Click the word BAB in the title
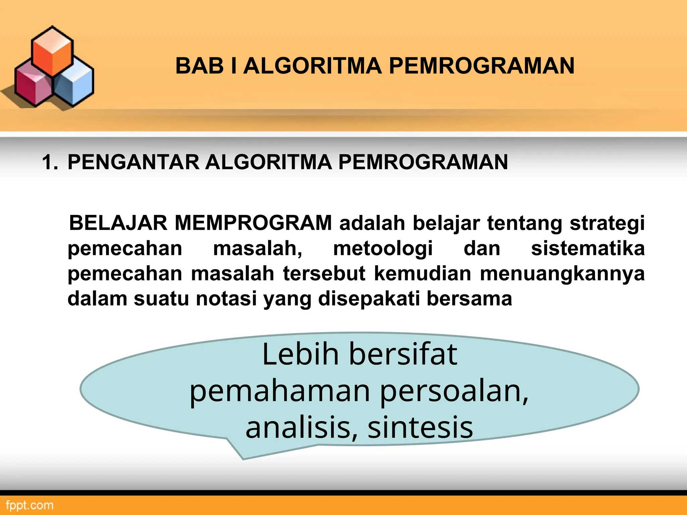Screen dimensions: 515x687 coord(200,66)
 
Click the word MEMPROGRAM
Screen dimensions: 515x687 coord(253,223)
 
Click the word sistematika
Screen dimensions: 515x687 coord(588,248)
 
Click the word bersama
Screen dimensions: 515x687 coord(469,299)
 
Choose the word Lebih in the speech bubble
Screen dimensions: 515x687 coord(300,354)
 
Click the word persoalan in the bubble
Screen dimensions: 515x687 coord(454,392)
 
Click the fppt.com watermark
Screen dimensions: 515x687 coord(30,505)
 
